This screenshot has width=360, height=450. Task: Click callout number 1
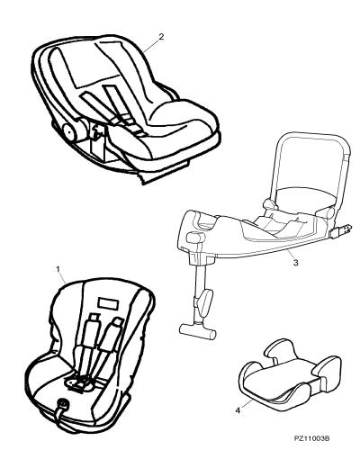click(58, 269)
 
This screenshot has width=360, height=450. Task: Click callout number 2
click(161, 37)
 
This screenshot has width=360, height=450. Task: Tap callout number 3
click(295, 263)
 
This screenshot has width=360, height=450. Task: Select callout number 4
click(238, 410)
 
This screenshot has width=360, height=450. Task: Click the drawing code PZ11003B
click(311, 438)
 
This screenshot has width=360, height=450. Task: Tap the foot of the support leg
click(197, 331)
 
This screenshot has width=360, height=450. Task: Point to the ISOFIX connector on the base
click(342, 231)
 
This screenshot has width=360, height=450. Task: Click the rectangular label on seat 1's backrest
click(108, 303)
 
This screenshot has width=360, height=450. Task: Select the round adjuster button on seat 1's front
click(63, 404)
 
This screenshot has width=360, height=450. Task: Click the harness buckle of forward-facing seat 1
click(79, 383)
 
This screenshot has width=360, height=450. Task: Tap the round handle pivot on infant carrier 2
click(69, 132)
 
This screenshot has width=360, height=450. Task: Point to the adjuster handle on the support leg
click(204, 302)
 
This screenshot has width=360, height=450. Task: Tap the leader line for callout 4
click(247, 403)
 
